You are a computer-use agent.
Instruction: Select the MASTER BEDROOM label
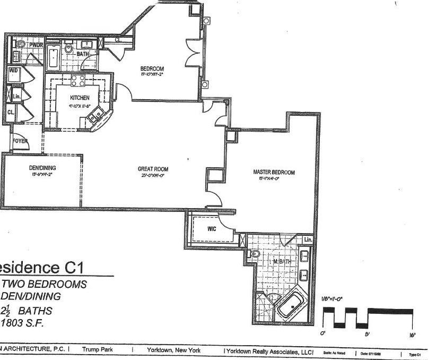[x=273, y=173]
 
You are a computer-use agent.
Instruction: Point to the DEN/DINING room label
[x=42, y=168]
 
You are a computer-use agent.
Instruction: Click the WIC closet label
[x=211, y=229]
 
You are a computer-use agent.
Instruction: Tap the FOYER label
[x=20, y=141]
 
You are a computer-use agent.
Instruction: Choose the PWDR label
[x=35, y=46]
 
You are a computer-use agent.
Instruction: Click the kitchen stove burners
[x=79, y=81]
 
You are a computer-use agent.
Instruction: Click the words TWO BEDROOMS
[x=45, y=285]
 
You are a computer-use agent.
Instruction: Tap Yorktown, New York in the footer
[x=174, y=351]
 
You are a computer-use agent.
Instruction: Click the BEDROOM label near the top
[x=152, y=69]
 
